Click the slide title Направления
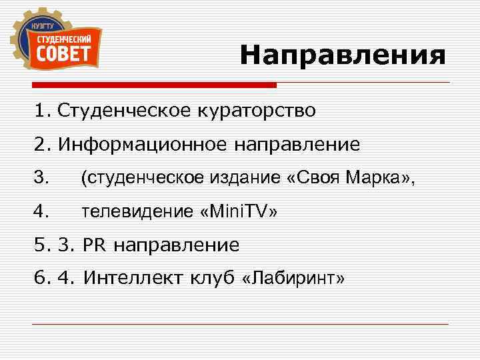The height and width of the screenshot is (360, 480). [x=343, y=55]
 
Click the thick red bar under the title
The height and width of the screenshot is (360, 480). [x=153, y=85]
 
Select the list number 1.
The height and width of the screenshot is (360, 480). [x=41, y=110]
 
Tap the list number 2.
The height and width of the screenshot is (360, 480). [x=41, y=144]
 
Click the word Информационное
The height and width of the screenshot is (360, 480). [x=143, y=144]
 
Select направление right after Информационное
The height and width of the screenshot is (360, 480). [x=297, y=144]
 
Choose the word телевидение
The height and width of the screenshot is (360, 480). [x=137, y=212]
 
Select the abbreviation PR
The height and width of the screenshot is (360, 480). [x=95, y=246]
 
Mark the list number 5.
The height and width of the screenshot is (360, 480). [x=41, y=246]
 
